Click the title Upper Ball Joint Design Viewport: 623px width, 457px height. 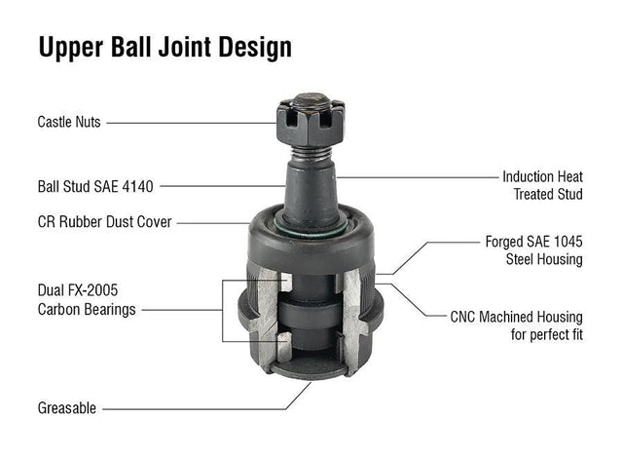(165, 48)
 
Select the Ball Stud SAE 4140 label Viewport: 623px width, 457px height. (95, 185)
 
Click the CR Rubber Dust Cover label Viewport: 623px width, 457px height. (104, 222)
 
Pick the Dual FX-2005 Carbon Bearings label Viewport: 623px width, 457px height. (86, 300)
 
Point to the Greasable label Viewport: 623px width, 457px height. (66, 408)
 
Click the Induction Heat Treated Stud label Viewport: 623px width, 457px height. (542, 185)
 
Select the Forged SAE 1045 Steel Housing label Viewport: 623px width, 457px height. (533, 249)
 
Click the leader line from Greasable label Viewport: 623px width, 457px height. (195, 408)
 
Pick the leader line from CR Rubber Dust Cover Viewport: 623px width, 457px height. (214, 222)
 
